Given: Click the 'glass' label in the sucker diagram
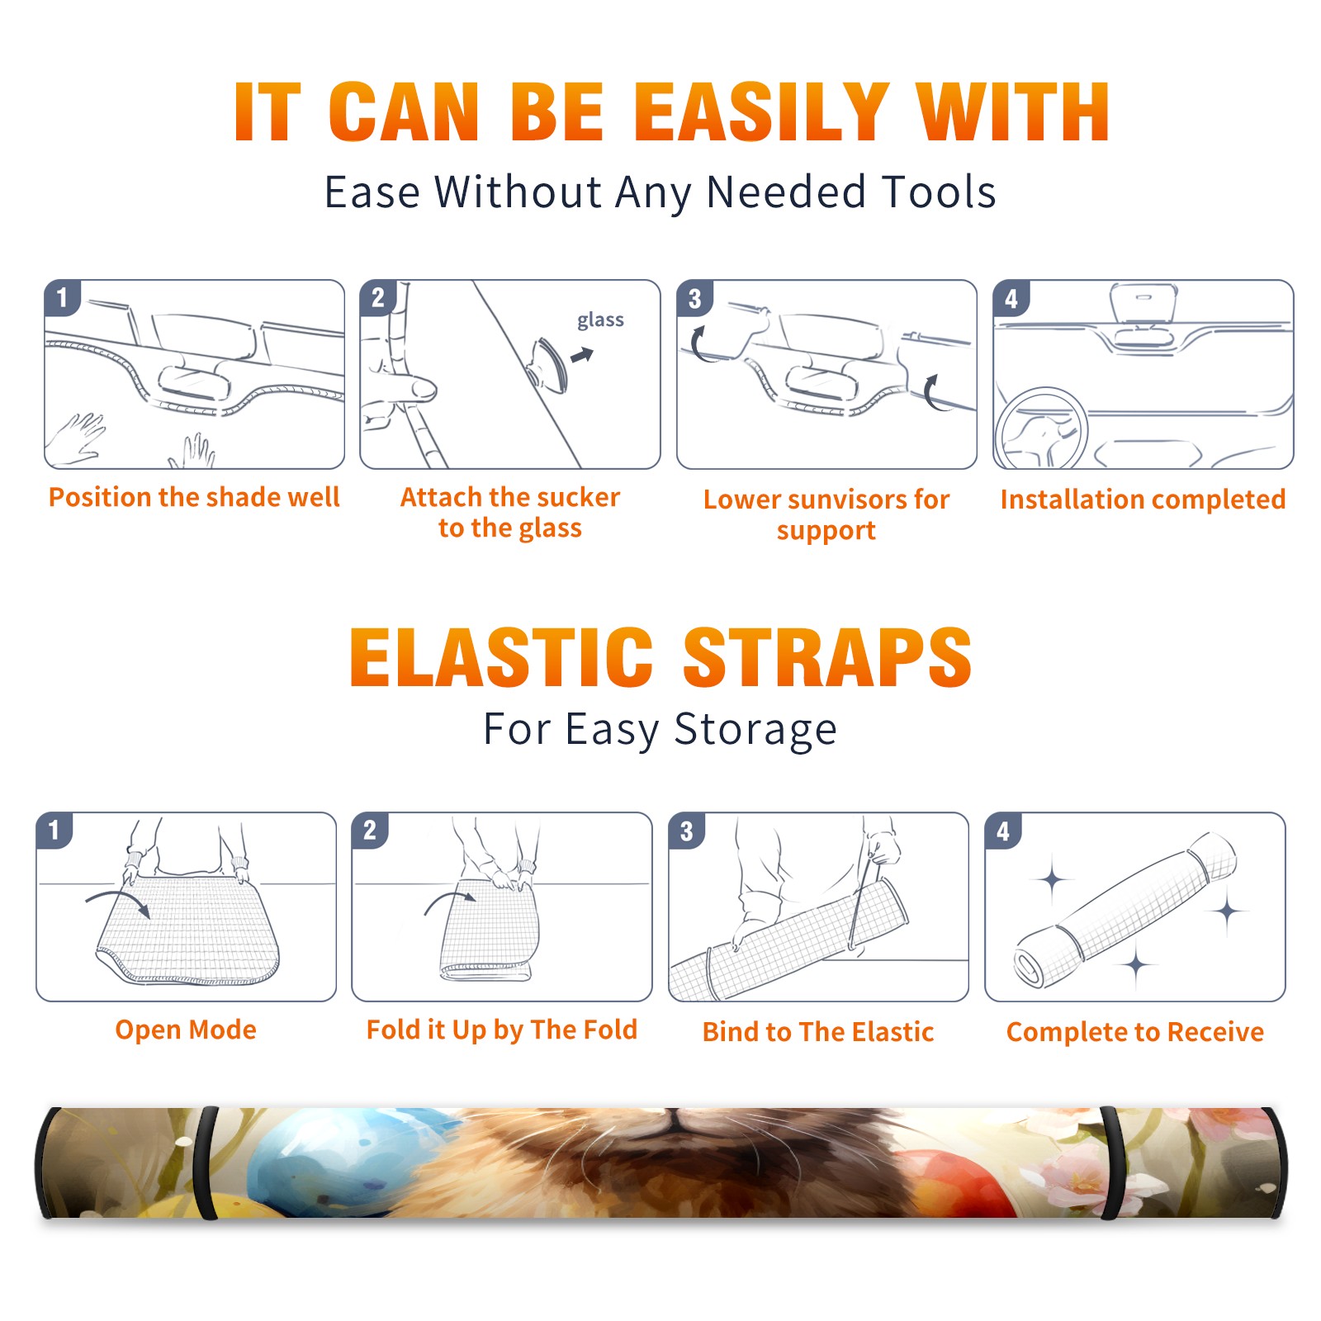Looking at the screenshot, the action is coord(600,320).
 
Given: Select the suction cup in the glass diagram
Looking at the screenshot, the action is coord(550,364).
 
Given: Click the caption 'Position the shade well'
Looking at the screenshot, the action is coord(194,497).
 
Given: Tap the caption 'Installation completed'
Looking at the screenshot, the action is coord(1143,499).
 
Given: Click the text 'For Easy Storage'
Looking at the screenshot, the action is coord(660,730).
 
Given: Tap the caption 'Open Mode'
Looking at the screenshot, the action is coord(186,1030).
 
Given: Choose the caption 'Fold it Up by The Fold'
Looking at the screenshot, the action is coord(502,1030).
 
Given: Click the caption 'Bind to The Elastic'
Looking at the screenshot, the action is coord(818,1032).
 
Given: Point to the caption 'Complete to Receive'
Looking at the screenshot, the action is coord(1135,1032).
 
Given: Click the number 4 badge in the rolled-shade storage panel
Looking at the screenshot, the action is coord(1003,831).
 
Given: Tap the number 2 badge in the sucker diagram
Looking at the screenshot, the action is coord(378,297).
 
